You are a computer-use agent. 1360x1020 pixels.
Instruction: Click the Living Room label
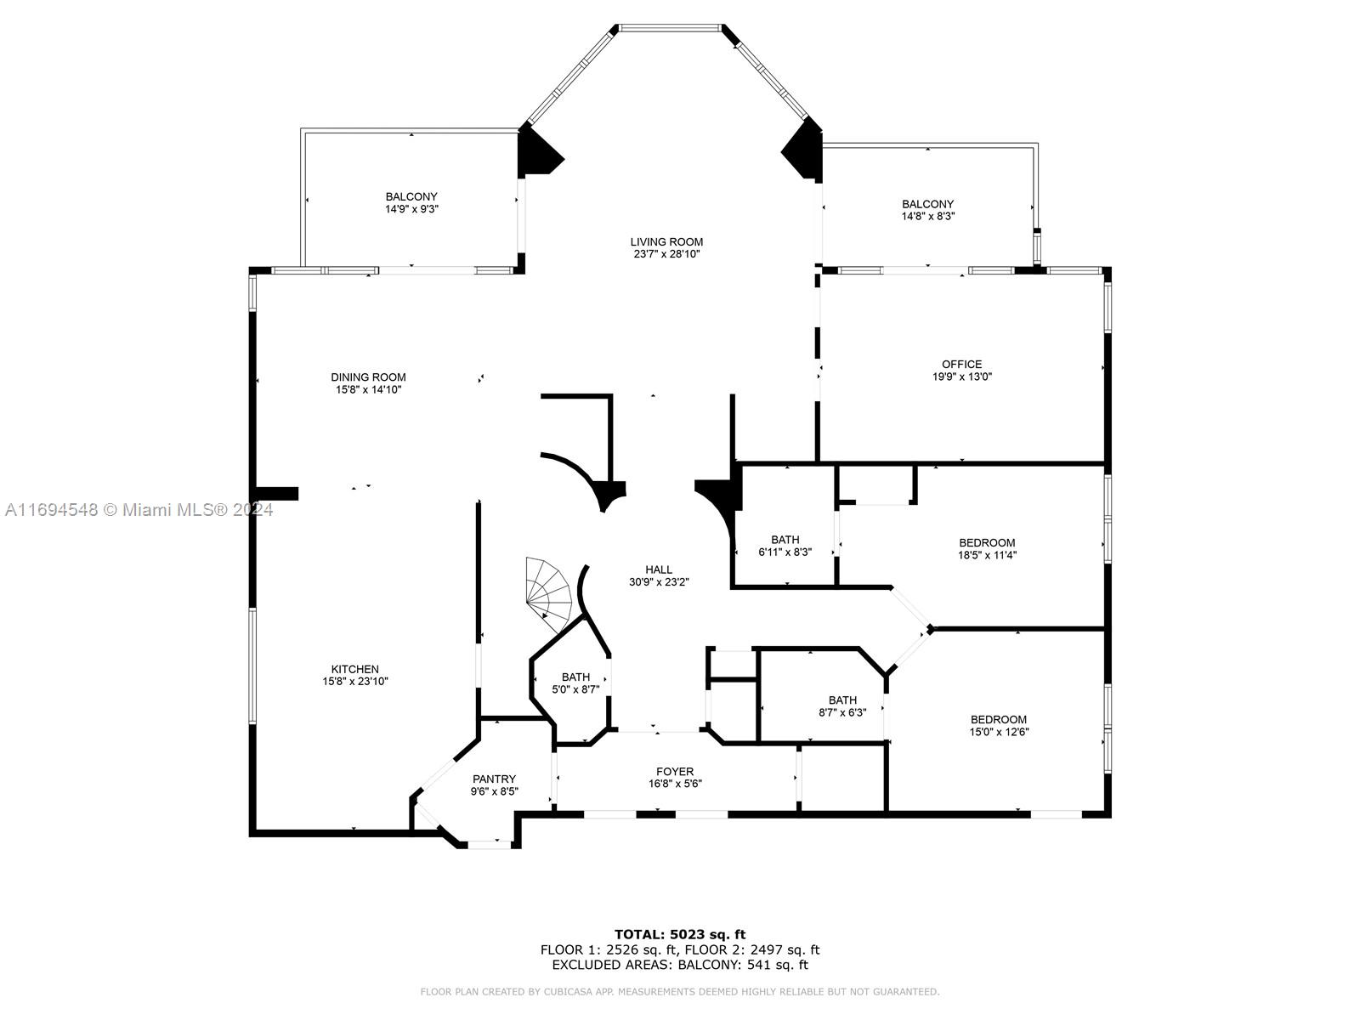coord(666,241)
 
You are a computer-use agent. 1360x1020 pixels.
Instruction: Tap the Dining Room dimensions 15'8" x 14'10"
coord(368,390)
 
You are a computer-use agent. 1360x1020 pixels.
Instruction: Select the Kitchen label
coord(355,669)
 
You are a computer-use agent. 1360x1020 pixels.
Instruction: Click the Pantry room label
coord(494,779)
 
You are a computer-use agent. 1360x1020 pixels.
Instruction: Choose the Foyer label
coord(675,772)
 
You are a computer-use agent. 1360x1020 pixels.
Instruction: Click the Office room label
coord(961,364)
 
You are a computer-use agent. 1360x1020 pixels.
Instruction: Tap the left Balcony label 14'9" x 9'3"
coord(411,202)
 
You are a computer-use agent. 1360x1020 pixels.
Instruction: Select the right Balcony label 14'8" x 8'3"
coord(927,210)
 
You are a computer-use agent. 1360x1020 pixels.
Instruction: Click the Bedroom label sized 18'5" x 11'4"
coord(987,548)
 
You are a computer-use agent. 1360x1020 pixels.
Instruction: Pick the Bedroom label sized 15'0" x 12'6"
coord(999,725)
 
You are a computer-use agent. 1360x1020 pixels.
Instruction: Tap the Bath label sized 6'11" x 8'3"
coord(785,546)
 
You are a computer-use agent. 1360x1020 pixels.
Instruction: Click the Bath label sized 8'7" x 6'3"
coord(842,706)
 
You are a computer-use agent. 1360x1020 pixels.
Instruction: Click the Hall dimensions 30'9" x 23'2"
coord(659,582)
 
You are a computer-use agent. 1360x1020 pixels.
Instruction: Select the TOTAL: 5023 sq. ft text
coord(680,934)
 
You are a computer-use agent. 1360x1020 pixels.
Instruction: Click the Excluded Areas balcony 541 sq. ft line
coord(680,965)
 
